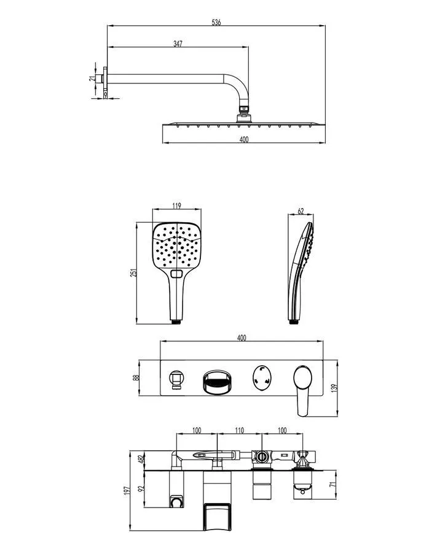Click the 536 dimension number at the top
coord(216,22)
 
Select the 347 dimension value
coord(178,43)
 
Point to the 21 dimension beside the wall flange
coord(92,79)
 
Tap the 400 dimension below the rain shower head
coord(243,140)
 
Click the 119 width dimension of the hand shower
coord(177,206)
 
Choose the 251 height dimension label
coord(133,272)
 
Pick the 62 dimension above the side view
coord(301,211)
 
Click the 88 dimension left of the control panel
coord(136,377)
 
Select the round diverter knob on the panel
coord(262,377)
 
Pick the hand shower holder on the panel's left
coord(176,378)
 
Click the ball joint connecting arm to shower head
coord(243,112)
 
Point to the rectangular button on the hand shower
coord(178,272)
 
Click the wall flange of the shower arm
coord(107,79)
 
